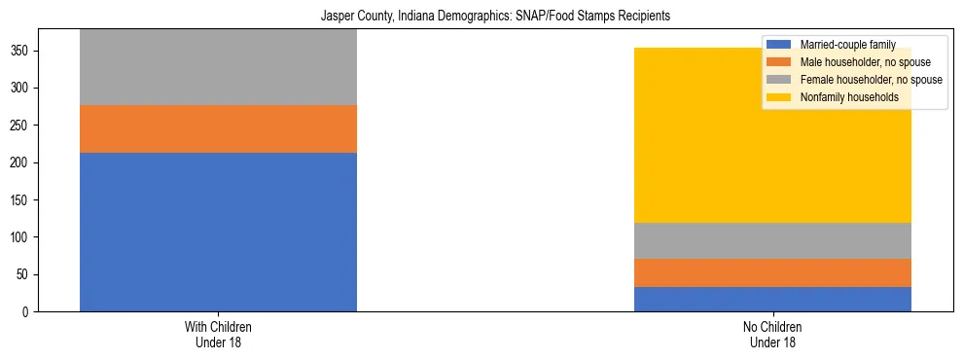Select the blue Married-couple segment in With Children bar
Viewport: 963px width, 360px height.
click(x=218, y=232)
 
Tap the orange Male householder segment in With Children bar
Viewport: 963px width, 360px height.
click(x=218, y=128)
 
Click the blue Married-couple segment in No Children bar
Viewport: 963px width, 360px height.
click(x=772, y=299)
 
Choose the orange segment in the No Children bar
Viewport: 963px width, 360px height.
click(x=772, y=272)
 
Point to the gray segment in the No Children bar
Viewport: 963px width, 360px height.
click(x=772, y=240)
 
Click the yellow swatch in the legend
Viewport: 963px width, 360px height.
click(x=779, y=97)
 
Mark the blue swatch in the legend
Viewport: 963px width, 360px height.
click(x=779, y=45)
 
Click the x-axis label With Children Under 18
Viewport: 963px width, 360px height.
click(x=218, y=334)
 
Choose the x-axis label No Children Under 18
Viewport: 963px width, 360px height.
click(x=772, y=334)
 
